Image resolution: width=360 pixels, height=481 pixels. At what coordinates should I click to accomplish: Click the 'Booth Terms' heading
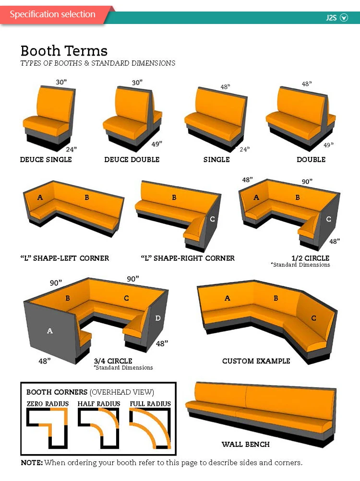64,51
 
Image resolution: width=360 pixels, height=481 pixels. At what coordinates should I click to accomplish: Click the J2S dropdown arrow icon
344,17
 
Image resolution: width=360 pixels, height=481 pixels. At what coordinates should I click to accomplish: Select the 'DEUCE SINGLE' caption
46,160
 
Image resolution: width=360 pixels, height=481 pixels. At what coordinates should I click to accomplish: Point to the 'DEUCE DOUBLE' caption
132,160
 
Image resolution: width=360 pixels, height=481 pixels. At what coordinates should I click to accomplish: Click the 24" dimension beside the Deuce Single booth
71,149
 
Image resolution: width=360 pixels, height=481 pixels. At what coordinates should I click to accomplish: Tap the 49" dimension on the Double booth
328,145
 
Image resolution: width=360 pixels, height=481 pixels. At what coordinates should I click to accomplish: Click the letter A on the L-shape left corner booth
40,197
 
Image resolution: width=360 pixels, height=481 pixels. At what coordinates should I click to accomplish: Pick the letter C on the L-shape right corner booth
212,219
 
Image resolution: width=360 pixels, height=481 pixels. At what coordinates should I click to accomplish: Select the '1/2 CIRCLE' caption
310,258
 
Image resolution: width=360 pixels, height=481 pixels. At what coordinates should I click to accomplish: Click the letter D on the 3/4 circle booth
157,318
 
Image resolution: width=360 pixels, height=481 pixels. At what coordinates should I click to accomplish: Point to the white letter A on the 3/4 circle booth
50,331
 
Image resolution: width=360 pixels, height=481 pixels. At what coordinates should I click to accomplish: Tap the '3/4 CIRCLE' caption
113,361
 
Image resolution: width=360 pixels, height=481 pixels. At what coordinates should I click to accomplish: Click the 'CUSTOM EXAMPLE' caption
256,361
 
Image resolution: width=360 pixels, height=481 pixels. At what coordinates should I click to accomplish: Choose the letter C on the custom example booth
313,318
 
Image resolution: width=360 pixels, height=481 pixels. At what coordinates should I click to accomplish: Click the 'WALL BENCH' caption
246,444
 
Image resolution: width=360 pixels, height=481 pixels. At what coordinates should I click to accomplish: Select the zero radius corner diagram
47,428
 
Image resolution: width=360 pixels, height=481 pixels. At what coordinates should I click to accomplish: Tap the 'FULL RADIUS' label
150,404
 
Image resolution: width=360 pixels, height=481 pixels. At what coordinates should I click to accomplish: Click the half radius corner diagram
98,428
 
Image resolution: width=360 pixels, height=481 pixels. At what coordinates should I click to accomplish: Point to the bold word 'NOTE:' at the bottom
32,463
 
